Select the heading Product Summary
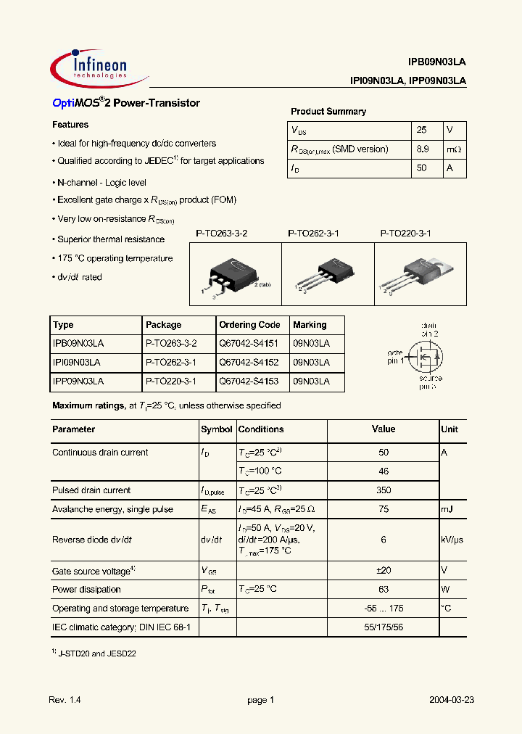(x=328, y=112)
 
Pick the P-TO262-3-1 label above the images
(x=313, y=234)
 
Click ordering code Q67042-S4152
(x=249, y=362)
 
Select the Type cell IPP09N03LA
(x=78, y=381)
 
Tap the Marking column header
(x=310, y=325)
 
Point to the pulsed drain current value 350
(x=384, y=490)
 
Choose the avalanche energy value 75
(x=384, y=509)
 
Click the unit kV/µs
(x=453, y=540)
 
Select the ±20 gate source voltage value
(x=384, y=571)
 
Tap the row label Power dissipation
(x=86, y=590)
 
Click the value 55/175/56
(x=384, y=627)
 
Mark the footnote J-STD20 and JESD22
(x=96, y=653)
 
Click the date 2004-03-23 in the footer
(x=451, y=700)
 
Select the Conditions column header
(x=261, y=429)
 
